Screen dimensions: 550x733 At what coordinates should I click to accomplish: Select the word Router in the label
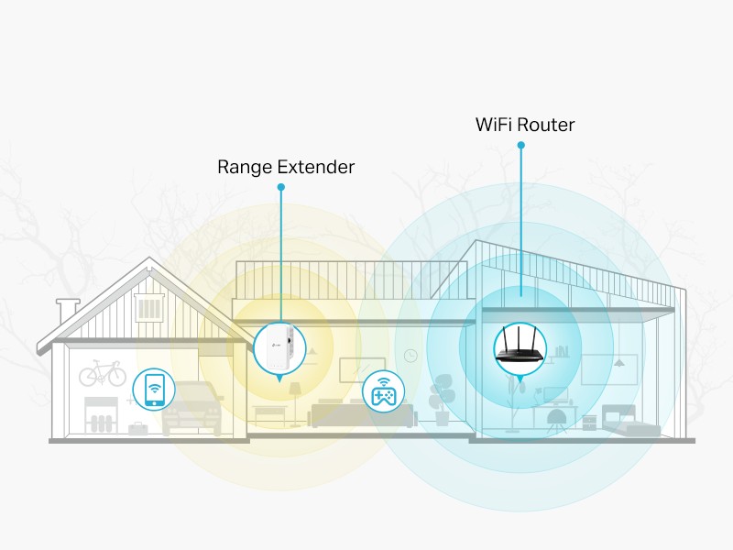point(552,125)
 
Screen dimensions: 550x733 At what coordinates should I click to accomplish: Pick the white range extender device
point(279,349)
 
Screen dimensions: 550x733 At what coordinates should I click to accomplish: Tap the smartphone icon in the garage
point(155,390)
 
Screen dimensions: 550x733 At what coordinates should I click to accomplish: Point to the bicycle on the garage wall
point(102,374)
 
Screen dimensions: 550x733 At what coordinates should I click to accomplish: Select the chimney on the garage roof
point(67,310)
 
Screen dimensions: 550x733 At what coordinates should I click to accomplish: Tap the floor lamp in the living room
point(295,400)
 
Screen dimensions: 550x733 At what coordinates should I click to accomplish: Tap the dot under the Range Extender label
point(281,187)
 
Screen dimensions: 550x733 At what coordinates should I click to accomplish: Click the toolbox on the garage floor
point(138,428)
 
